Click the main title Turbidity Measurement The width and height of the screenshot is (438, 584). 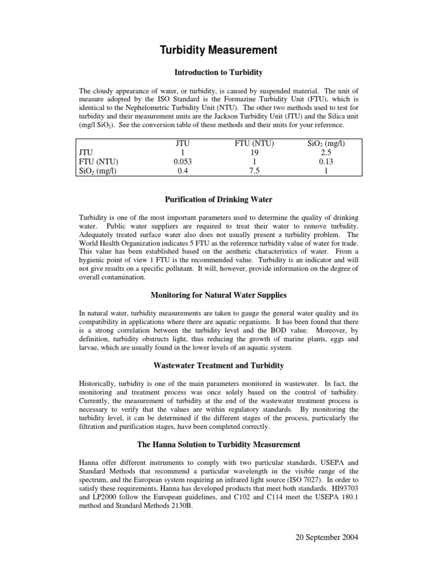click(x=218, y=50)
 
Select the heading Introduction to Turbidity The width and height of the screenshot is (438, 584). click(x=218, y=72)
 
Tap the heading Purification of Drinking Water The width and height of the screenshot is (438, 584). click(x=218, y=199)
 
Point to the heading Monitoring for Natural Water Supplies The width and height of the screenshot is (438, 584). click(x=218, y=295)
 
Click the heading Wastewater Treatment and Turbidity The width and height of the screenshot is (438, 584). click(x=218, y=365)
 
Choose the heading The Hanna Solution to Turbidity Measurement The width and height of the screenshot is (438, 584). click(x=218, y=444)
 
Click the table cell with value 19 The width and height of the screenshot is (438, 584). click(x=255, y=153)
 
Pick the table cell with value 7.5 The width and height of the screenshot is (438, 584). click(x=255, y=171)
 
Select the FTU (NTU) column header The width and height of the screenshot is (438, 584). click(x=255, y=144)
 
